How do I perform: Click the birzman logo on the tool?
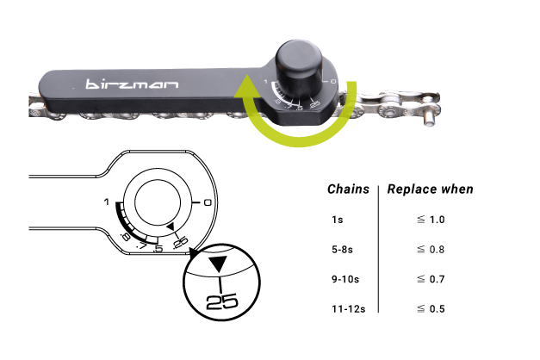[132, 84]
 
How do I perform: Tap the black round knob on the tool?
[299, 66]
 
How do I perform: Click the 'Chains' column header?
[348, 189]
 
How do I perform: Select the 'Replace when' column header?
[430, 189]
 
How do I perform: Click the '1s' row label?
[337, 220]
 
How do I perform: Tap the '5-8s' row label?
[342, 249]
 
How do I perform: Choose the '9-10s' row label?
[345, 279]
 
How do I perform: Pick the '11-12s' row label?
[348, 308]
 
